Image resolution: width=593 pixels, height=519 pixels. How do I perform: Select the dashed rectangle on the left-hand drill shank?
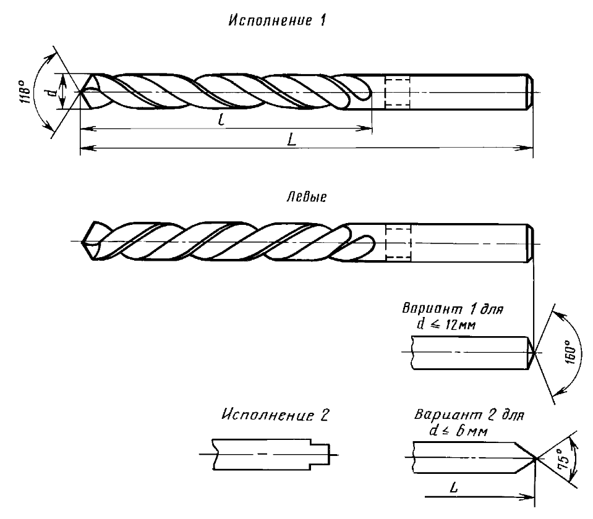pos(397,242)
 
